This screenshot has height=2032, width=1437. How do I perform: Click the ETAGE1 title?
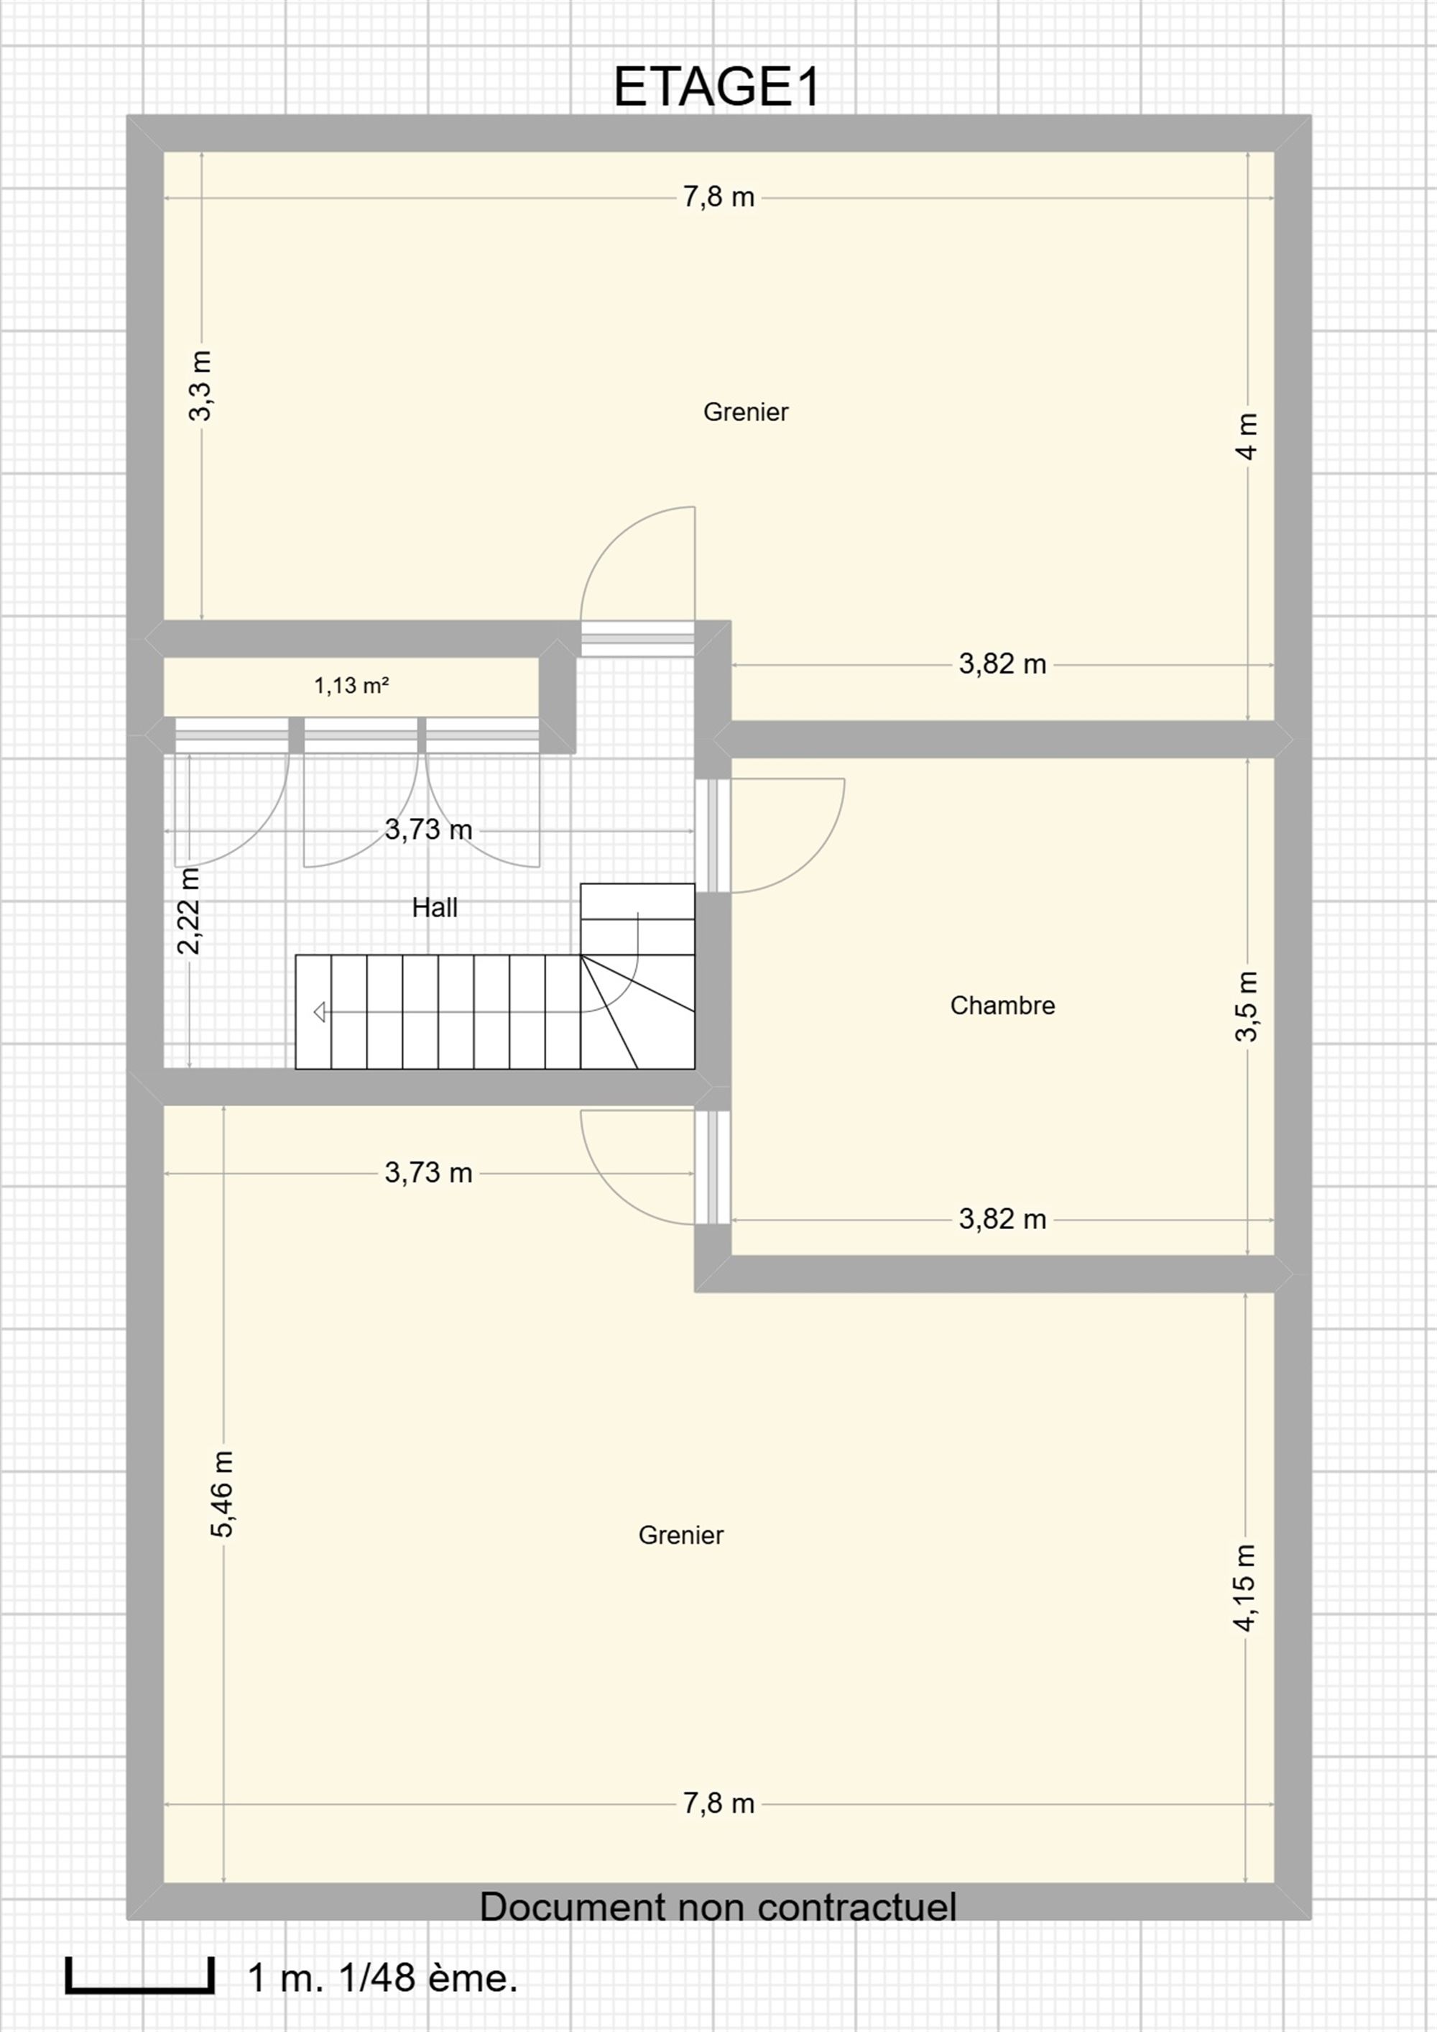pos(718,87)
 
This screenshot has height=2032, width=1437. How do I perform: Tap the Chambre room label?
pos(1002,1006)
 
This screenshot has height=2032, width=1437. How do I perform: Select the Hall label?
pos(435,907)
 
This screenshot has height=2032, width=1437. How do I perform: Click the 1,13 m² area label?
pos(352,685)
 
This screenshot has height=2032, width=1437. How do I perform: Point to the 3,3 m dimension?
pos(201,386)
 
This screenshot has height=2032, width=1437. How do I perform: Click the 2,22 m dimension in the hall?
pos(190,911)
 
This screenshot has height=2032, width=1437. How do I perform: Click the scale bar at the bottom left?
pos(140,1974)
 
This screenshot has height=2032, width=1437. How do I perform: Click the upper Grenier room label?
pos(745,412)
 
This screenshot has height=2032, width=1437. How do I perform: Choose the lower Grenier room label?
pos(680,1535)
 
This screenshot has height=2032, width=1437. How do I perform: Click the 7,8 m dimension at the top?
pos(718,196)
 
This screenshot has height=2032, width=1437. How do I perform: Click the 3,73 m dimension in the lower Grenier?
pos(428,1172)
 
